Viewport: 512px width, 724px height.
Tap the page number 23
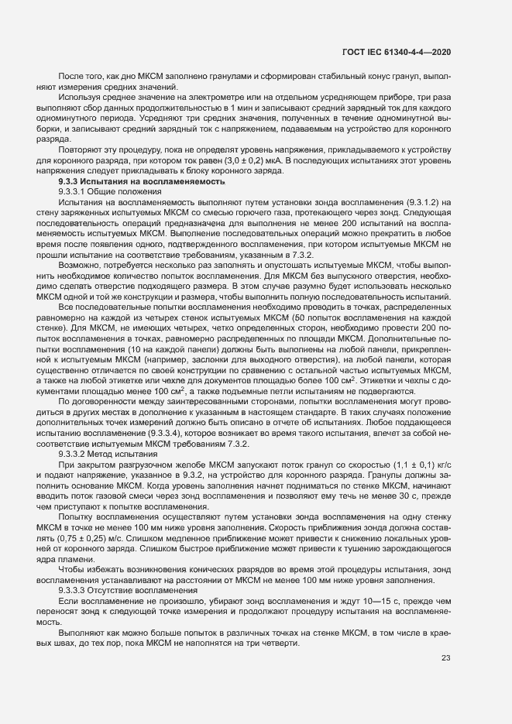445,659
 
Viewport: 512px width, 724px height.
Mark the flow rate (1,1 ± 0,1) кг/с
414,465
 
